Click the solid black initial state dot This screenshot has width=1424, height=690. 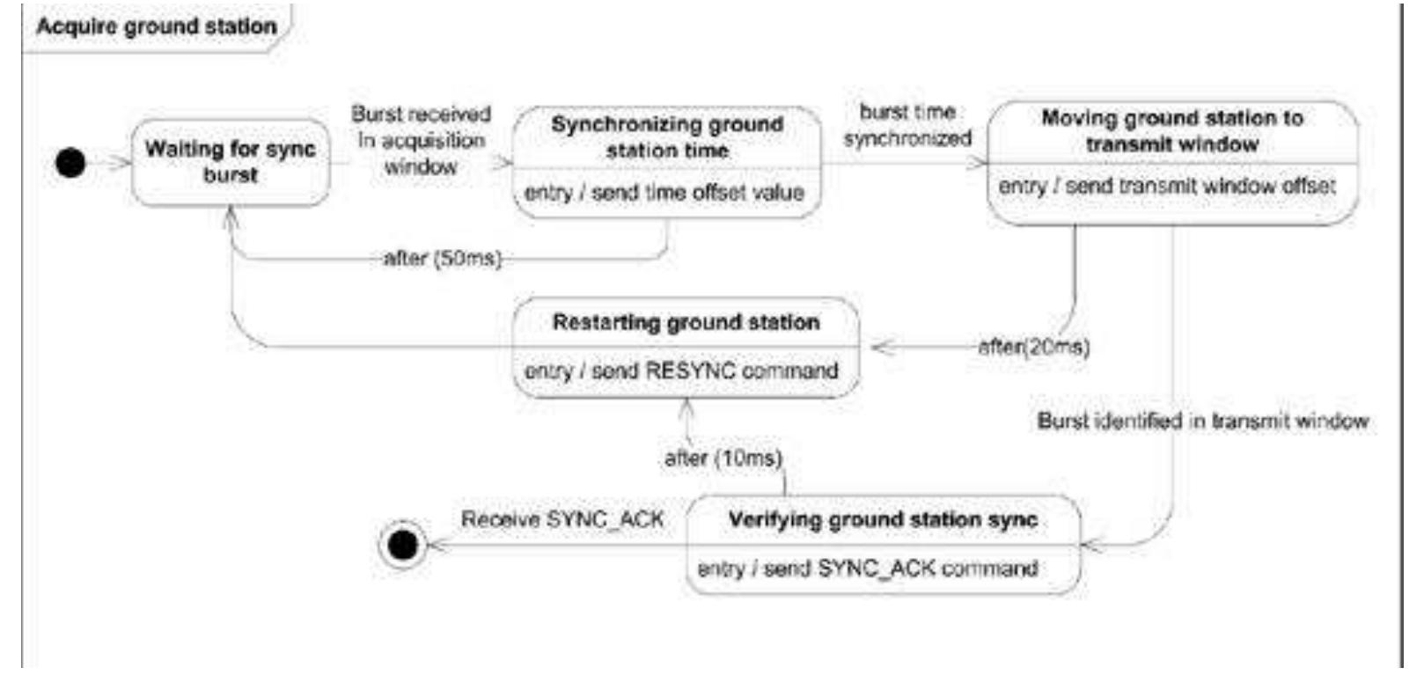click(70, 163)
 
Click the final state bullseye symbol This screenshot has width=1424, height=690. click(402, 545)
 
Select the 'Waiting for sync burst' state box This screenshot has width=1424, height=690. click(231, 162)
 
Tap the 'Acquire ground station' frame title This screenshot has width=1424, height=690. click(157, 26)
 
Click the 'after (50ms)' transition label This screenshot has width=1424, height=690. click(442, 259)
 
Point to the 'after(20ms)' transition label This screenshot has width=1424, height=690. click(1034, 347)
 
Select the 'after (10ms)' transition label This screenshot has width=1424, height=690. click(723, 459)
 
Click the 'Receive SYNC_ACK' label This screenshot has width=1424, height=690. click(562, 519)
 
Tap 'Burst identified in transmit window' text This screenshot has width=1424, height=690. click(1202, 421)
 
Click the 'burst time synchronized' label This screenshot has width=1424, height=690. click(907, 126)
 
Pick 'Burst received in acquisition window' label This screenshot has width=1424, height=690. click(421, 140)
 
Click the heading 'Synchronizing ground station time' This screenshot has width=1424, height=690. click(667, 137)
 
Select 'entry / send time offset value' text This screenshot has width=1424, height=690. click(664, 192)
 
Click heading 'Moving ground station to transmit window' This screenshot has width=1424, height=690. click(1171, 130)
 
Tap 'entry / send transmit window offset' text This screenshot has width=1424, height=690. click(1166, 187)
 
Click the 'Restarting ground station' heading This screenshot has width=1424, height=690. click(686, 322)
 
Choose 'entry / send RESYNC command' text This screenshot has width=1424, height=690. click(681, 371)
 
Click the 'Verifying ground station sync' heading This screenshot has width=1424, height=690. click(883, 519)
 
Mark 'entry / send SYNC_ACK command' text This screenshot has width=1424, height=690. click(867, 569)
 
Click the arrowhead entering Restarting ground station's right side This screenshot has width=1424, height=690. click(881, 347)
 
